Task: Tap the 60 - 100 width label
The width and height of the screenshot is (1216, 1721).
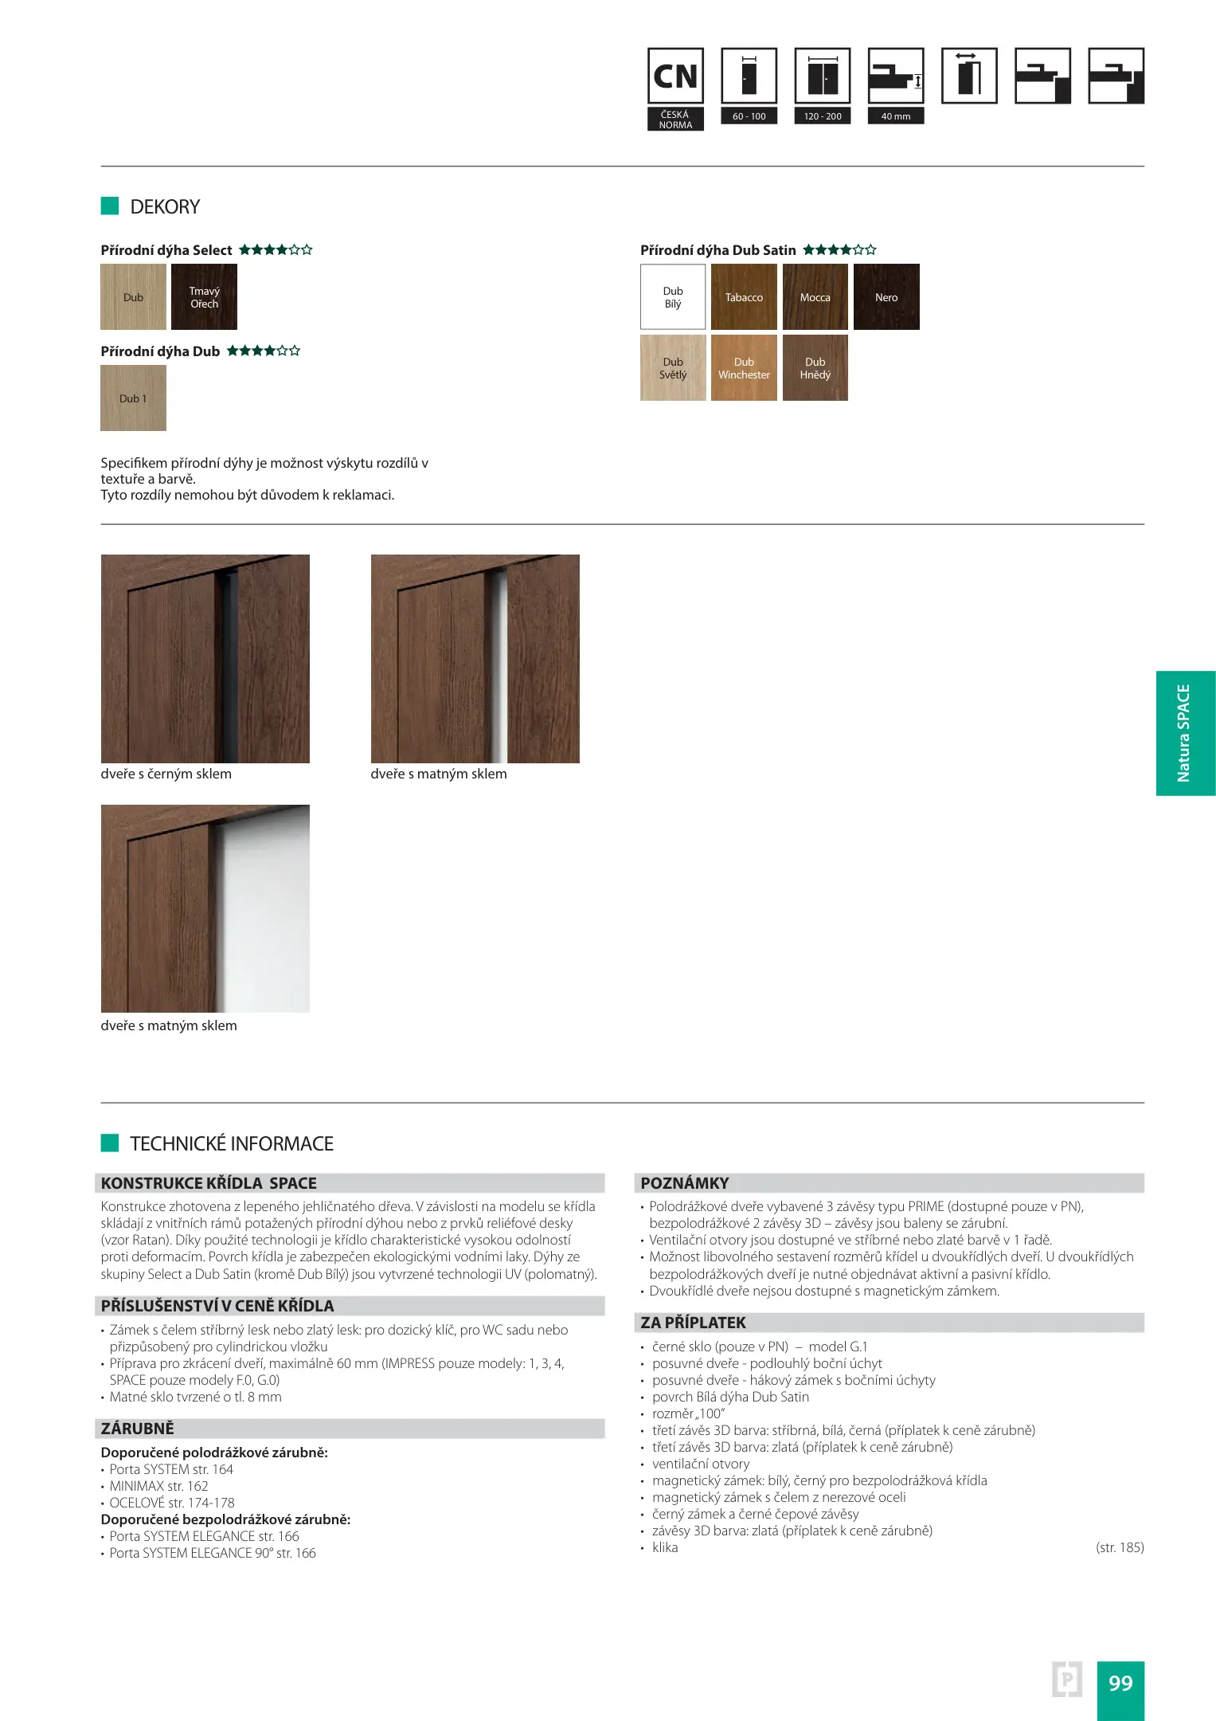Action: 749,116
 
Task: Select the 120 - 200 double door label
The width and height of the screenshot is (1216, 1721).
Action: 823,116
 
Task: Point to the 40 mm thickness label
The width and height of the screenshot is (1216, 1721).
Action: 896,116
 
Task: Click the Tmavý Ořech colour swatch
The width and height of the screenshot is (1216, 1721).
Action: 204,297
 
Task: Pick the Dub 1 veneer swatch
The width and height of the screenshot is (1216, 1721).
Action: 133,398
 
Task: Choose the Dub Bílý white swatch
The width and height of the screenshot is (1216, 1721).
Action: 673,297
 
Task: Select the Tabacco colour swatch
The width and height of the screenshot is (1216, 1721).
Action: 744,297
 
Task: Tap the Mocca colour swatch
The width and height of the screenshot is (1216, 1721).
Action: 815,297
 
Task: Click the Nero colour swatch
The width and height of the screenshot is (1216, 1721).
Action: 886,297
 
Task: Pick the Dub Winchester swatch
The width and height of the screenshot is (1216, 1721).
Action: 744,368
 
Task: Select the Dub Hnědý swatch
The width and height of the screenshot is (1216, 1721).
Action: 815,368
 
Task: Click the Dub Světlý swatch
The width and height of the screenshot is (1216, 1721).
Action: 673,368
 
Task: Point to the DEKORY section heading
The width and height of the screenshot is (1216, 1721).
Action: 165,207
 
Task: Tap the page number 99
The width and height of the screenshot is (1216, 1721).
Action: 1120,1683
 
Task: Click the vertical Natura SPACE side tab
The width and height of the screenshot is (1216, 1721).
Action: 1184,733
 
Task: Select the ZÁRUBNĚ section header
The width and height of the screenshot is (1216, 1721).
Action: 138,1429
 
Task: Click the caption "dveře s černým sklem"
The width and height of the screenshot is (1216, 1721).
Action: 166,774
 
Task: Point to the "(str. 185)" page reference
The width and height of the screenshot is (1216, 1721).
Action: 1120,1547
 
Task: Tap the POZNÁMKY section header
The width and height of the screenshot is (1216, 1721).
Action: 685,1183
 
